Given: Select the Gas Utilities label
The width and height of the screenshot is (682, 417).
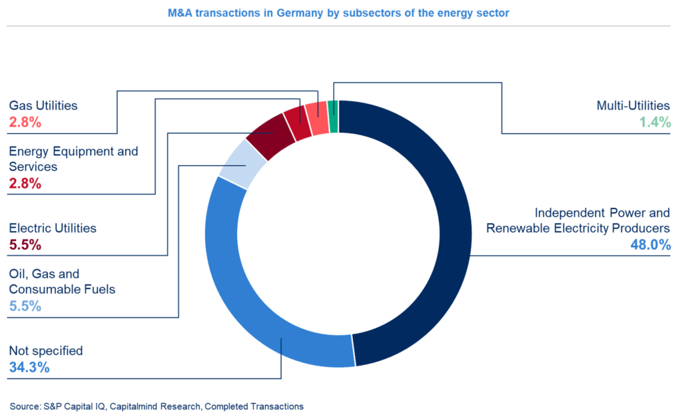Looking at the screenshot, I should tap(43, 105).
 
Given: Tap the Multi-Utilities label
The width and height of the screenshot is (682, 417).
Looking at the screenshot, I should tap(633, 105).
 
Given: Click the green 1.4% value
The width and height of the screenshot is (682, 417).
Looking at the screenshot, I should tap(655, 122).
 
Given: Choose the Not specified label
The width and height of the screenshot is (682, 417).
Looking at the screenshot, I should tap(46, 350).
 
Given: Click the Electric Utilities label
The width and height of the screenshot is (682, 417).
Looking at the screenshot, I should tap(53, 228).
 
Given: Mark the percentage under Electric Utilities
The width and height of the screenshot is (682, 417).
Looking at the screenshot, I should tap(25, 244).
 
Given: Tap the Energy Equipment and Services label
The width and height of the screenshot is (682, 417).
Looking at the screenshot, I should tap(73, 159).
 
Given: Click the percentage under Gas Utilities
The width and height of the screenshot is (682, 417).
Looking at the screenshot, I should tap(25, 122).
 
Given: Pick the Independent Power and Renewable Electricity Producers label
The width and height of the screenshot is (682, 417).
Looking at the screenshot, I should tap(578, 220).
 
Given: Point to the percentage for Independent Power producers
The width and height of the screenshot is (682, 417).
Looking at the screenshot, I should tap(650, 244).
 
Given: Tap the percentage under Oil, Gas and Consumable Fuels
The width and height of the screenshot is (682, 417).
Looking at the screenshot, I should tap(25, 306).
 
